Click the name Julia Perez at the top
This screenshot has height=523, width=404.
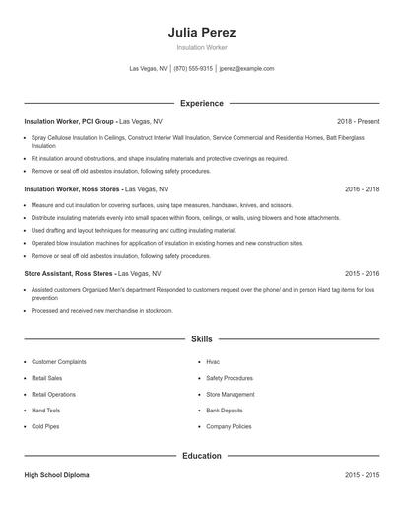click(x=202, y=33)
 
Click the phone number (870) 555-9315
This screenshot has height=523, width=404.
click(x=194, y=69)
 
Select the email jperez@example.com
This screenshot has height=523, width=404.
click(x=246, y=69)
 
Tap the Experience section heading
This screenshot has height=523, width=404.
click(x=202, y=103)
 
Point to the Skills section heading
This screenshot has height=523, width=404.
click(x=202, y=339)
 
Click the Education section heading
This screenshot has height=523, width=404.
click(x=202, y=456)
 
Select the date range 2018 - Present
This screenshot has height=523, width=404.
click(x=358, y=121)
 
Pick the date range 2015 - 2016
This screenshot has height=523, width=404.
click(x=363, y=273)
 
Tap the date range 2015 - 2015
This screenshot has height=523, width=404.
click(x=363, y=475)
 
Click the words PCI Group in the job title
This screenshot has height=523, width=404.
click(x=97, y=121)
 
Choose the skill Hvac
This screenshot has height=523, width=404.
click(x=213, y=362)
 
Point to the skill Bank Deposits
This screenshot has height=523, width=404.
click(x=225, y=411)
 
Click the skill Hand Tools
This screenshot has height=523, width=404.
click(x=46, y=411)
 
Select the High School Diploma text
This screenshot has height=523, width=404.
click(x=56, y=475)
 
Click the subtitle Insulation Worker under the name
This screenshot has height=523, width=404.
click(x=202, y=47)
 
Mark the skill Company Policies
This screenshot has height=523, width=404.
click(x=229, y=426)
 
